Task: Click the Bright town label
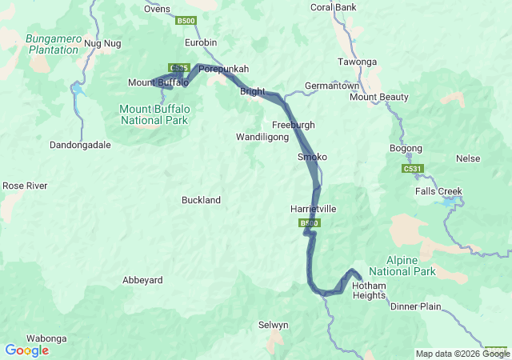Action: tap(252, 92)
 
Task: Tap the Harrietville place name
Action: tap(313, 209)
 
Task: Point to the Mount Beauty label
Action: tap(379, 98)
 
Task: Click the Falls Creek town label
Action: tap(438, 191)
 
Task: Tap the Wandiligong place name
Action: tap(262, 138)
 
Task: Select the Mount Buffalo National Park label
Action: tap(154, 114)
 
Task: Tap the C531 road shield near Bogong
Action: tap(412, 170)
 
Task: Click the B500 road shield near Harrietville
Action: tap(310, 223)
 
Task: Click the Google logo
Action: tap(26, 350)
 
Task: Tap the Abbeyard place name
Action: tap(142, 280)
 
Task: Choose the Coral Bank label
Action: tap(333, 8)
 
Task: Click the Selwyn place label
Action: tap(273, 324)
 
